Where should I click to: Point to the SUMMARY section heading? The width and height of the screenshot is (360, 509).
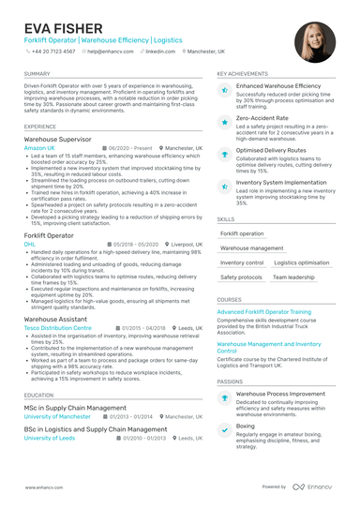pyautogui.click(x=37, y=73)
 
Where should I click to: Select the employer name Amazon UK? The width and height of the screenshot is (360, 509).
pyautogui.click(x=39, y=148)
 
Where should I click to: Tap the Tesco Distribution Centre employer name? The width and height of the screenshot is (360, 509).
pyautogui.click(x=57, y=328)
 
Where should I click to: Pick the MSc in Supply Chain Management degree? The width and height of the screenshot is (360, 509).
pyautogui.click(x=75, y=408)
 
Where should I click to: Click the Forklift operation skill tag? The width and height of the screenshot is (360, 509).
pyautogui.click(x=242, y=233)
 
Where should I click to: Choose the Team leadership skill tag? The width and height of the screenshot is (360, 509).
pyautogui.click(x=293, y=277)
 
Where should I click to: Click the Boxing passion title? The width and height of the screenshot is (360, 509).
pyautogui.click(x=247, y=426)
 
